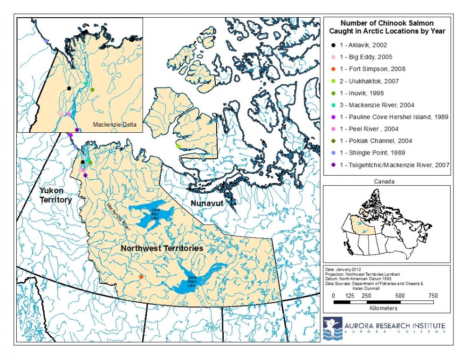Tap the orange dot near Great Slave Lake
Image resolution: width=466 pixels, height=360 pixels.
(x=141, y=277)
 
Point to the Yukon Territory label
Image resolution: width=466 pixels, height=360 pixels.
(x=55, y=196)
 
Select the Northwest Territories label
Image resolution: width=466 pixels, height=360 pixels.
(x=162, y=249)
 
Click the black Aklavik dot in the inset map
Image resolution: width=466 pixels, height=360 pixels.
(x=69, y=88)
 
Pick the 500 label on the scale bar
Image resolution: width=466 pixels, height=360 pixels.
(x=400, y=296)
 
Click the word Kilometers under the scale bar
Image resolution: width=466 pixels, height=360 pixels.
(x=384, y=308)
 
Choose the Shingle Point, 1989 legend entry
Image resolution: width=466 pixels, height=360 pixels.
(x=369, y=153)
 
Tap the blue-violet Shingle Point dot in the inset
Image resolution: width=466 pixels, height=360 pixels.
(x=46, y=41)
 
